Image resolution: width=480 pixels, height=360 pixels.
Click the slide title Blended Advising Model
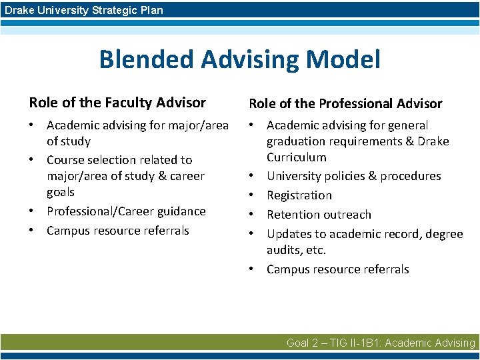pyautogui.click(x=239, y=59)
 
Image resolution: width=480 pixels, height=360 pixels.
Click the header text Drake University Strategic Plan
pyautogui.click(x=84, y=10)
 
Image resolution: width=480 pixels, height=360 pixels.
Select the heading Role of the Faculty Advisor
pyautogui.click(x=117, y=103)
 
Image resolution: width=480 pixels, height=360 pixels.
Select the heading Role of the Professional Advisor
pyautogui.click(x=345, y=103)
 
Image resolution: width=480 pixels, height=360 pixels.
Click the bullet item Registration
pyautogui.click(x=299, y=195)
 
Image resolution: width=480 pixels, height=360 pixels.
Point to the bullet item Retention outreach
pyautogui.click(x=319, y=215)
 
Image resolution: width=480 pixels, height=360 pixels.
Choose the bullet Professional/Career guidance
pyautogui.click(x=126, y=211)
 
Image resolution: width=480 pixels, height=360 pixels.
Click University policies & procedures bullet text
pyautogui.click(x=353, y=176)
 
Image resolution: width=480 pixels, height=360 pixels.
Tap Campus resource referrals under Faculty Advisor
pyautogui.click(x=117, y=231)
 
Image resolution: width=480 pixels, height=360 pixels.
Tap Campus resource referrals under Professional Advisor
pyautogui.click(x=337, y=269)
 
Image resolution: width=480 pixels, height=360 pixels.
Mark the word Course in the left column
pyautogui.click(x=64, y=160)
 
